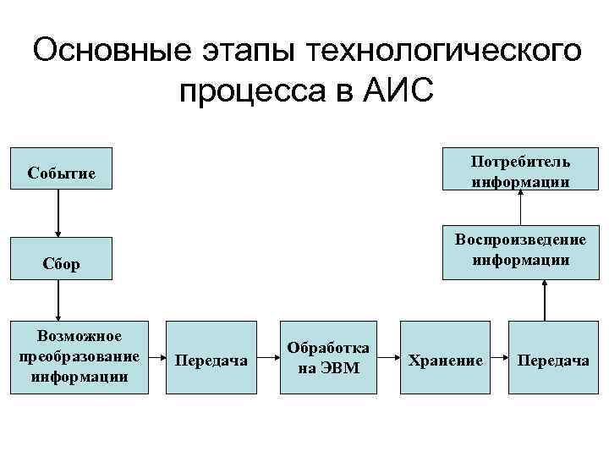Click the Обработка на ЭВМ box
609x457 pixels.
[328, 357]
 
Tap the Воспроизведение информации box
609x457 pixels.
[520, 251]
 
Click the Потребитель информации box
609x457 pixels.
[520, 170]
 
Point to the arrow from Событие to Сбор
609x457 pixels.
[58, 212]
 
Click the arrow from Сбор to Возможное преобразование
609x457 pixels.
[58, 300]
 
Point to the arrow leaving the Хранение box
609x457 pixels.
[497, 358]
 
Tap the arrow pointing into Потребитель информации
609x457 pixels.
[522, 208]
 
